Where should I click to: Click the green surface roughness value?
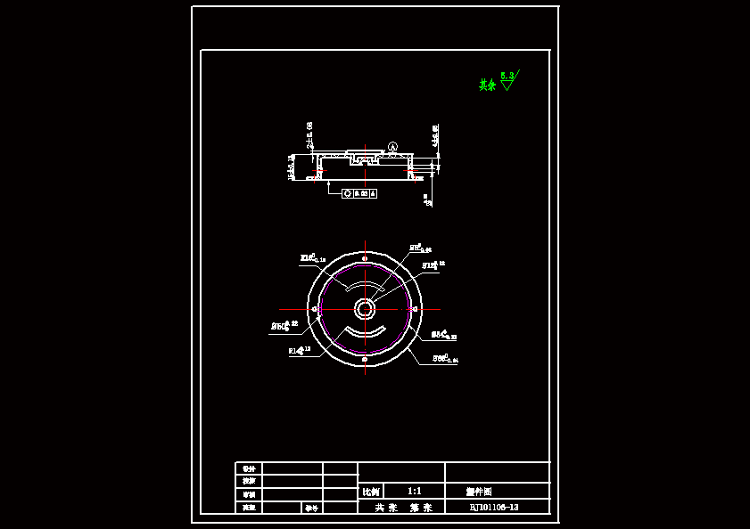coord(507,77)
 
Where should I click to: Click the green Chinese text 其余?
coord(487,85)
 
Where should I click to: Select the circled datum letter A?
coord(392,146)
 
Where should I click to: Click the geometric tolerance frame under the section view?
coord(359,192)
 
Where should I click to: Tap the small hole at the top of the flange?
coord(365,258)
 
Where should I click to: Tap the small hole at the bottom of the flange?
coord(365,359)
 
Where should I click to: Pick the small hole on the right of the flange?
coord(416,309)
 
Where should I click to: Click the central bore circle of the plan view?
coord(365,309)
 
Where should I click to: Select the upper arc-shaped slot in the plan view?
coord(362,286)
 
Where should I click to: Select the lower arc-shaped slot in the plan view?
coord(365,332)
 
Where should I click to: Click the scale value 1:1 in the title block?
coord(414,491)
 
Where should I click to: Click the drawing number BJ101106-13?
coord(494,507)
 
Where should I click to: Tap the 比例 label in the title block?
coord(370,492)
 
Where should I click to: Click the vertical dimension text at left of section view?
coord(292,167)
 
